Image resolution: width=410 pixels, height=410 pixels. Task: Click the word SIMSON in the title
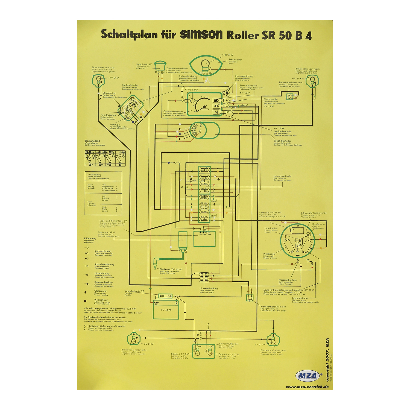(201, 35)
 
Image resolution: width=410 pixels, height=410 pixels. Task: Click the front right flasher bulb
(312, 81)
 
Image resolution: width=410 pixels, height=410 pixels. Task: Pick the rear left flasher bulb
(134, 339)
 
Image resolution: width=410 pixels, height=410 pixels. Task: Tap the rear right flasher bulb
(273, 339)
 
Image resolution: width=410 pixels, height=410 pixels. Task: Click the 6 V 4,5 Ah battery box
(166, 310)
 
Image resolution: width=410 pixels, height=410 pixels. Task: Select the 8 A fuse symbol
(165, 296)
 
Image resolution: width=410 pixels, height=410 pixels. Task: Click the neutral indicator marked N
(216, 112)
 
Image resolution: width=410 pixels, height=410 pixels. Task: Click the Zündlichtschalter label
(282, 141)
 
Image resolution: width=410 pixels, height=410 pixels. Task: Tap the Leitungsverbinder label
(283, 176)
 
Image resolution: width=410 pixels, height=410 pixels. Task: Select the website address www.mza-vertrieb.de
(307, 387)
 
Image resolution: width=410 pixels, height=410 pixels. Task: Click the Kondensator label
(318, 224)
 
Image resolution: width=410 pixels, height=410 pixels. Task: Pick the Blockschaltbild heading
(92, 141)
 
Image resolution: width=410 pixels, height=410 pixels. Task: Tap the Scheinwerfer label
(235, 60)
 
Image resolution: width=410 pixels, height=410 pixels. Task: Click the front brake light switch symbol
(290, 96)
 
